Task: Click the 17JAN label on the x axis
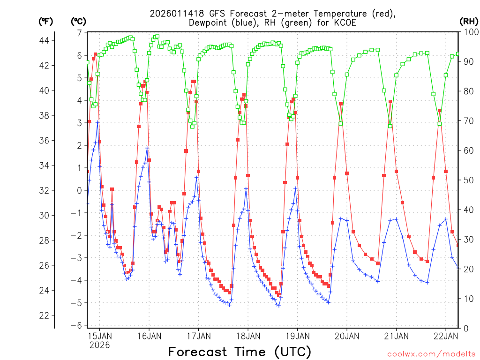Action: [x=198, y=336]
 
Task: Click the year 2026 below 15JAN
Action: [x=99, y=345]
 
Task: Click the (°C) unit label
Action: [x=78, y=21]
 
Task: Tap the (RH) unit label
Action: [x=469, y=21]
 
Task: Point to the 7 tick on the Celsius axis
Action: [x=80, y=33]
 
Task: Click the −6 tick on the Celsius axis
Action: [x=76, y=325]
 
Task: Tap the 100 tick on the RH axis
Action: [x=469, y=32]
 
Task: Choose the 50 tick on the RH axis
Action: [x=466, y=180]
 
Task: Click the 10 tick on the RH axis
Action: [x=466, y=299]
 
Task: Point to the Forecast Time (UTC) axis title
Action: [x=240, y=351]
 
